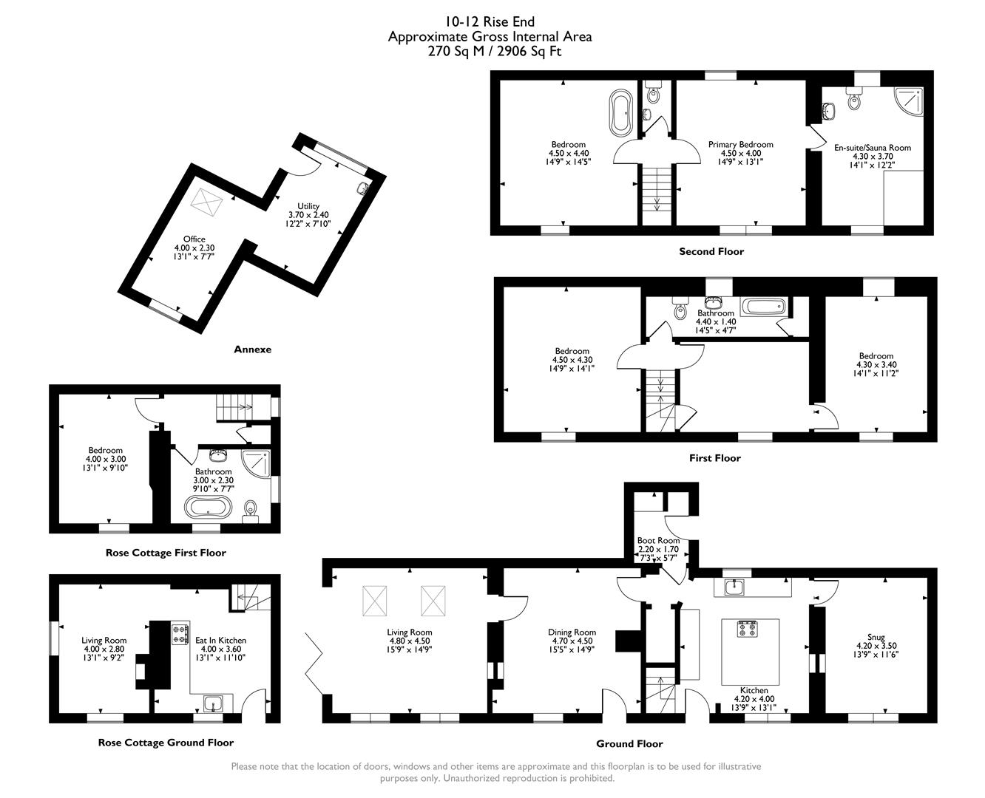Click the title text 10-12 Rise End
click(490, 21)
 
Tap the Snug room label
click(876, 637)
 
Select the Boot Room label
click(658, 540)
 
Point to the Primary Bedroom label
click(740, 144)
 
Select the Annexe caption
click(252, 349)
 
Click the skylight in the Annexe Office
click(207, 201)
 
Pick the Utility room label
click(308, 205)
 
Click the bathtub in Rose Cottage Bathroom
click(209, 508)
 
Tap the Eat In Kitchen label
click(220, 641)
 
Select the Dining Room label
click(572, 632)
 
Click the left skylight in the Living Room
click(376, 601)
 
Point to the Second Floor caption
click(711, 251)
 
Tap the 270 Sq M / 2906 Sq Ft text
click(490, 51)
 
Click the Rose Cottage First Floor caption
click(166, 553)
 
